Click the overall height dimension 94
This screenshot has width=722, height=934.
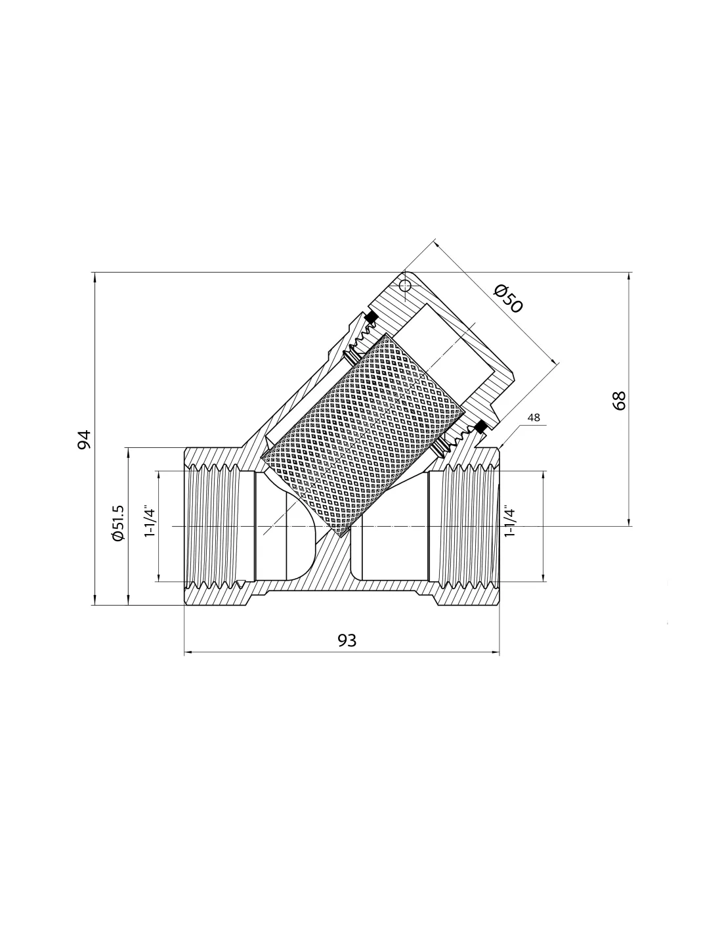click(x=84, y=439)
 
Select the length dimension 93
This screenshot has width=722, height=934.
click(x=347, y=640)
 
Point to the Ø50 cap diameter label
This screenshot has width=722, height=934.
click(x=508, y=299)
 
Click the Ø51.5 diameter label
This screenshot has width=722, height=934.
click(x=118, y=523)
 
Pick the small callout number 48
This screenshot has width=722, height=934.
click(x=534, y=417)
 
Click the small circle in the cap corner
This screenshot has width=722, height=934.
click(x=404, y=285)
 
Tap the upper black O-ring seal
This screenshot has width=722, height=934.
click(x=371, y=318)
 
